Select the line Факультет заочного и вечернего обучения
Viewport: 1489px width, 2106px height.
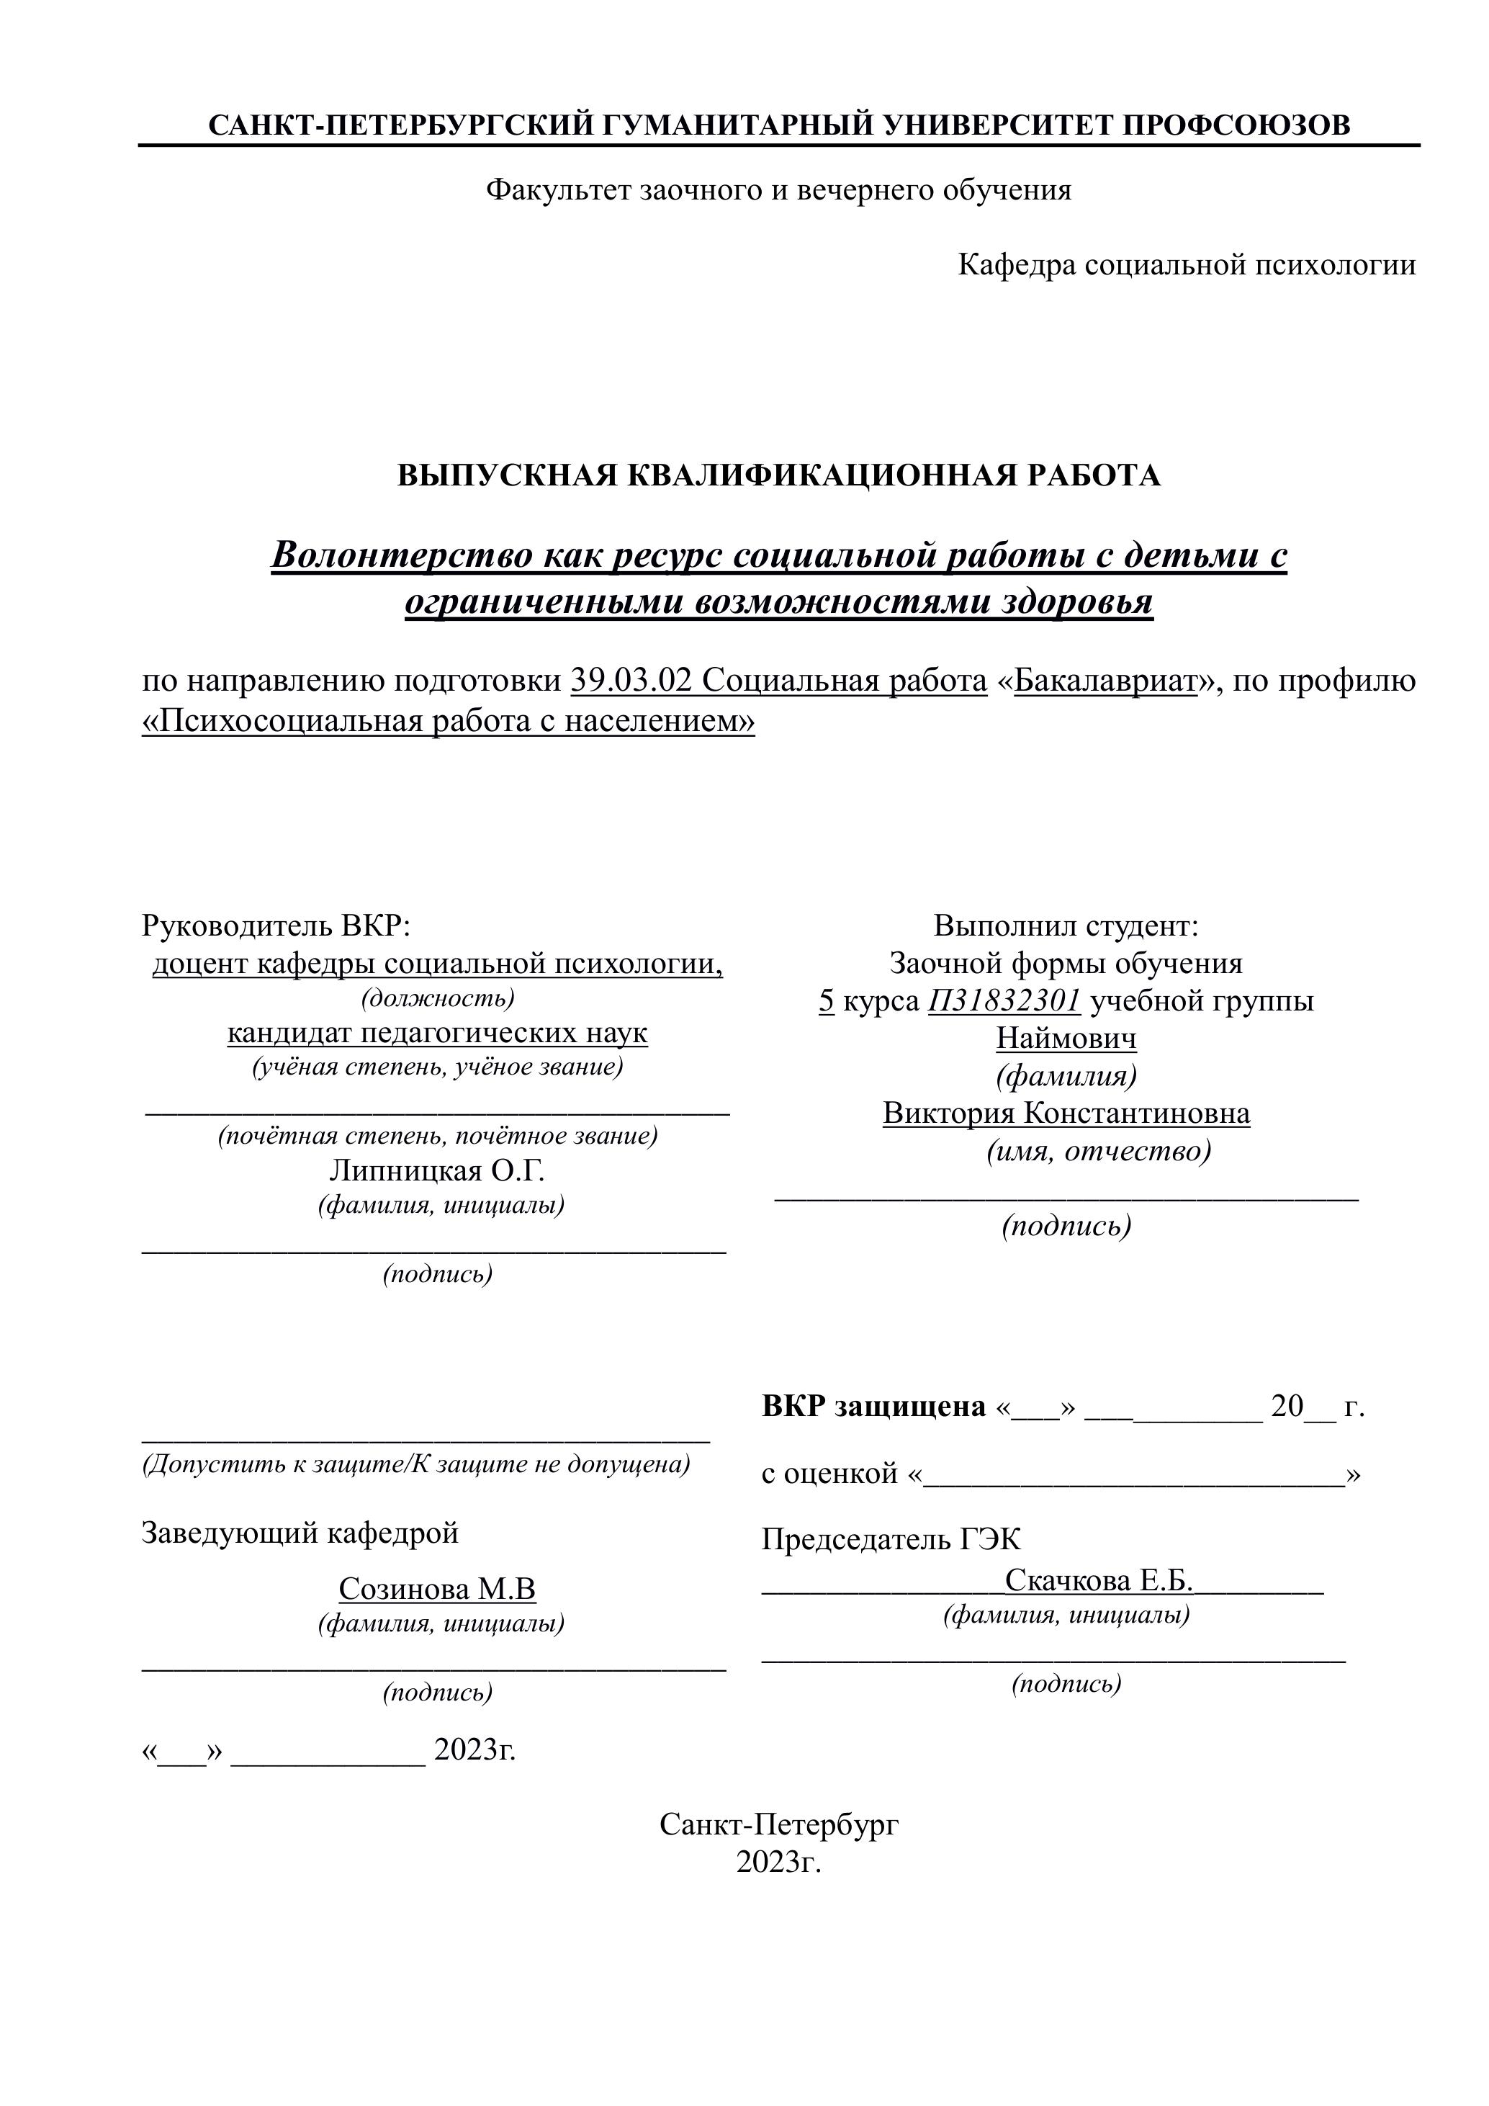pyautogui.click(x=778, y=190)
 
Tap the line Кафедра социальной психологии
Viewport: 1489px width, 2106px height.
pyautogui.click(x=1187, y=265)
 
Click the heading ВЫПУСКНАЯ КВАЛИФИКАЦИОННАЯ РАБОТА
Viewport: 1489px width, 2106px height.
pyautogui.click(x=778, y=475)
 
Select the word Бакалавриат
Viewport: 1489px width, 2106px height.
pyautogui.click(x=1106, y=681)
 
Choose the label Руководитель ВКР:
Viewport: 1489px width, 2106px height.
pyautogui.click(x=276, y=926)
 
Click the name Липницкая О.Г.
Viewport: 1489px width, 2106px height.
pyautogui.click(x=436, y=1170)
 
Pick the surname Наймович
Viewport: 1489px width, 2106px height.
pyautogui.click(x=1066, y=1039)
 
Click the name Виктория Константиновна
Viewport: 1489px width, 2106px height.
pyautogui.click(x=1066, y=1114)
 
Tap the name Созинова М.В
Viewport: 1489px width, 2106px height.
pyautogui.click(x=436, y=1589)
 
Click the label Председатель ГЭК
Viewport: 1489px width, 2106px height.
pyautogui.click(x=891, y=1539)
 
